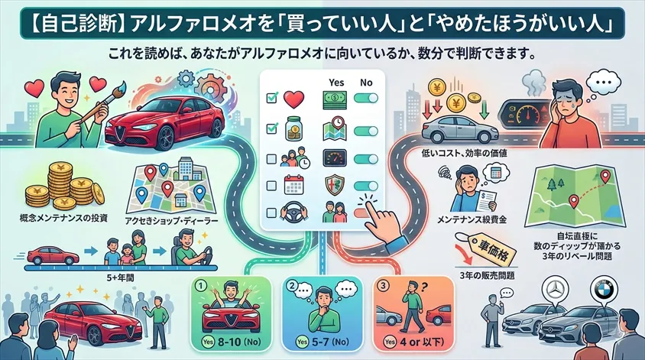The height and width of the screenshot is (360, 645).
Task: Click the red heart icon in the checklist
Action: [294, 99]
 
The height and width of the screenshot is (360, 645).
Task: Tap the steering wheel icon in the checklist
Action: [293, 212]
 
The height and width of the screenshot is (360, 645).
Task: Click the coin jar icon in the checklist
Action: [294, 127]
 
